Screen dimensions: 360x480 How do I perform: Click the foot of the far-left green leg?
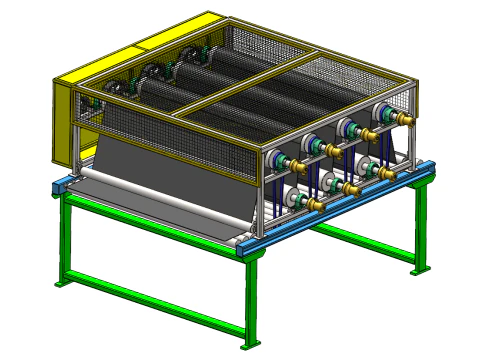62,283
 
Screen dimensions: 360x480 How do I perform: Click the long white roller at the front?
150,205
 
